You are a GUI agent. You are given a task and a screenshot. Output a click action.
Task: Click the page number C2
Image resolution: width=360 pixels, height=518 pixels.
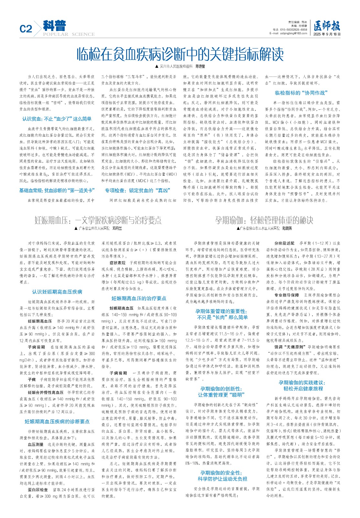26,29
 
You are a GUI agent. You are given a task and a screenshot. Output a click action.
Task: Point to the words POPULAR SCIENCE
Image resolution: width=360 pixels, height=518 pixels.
69,34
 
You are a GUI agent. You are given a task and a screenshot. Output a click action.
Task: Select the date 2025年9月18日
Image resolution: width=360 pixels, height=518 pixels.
327,34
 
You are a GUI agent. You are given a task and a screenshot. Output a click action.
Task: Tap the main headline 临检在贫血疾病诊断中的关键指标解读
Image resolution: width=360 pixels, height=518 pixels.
180,54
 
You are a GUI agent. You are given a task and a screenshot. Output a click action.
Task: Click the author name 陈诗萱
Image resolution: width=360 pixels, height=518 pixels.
200,66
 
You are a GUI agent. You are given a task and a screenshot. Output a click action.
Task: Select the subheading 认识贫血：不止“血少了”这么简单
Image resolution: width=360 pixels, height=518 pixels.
57,119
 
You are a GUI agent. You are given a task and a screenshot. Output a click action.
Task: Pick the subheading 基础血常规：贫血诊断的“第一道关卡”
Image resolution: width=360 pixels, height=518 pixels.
57,190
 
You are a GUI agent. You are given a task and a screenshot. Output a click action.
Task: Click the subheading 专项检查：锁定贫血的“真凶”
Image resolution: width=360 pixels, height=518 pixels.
137,190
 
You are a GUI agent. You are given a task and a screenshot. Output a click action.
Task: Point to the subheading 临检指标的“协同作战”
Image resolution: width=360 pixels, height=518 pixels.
301,93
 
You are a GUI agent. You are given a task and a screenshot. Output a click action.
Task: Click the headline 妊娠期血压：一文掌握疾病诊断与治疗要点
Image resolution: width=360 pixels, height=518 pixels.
98,220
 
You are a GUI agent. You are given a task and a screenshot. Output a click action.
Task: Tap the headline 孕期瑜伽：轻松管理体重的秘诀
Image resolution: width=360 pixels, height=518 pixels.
264,220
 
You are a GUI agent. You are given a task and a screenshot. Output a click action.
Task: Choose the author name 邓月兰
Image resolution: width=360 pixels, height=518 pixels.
117,228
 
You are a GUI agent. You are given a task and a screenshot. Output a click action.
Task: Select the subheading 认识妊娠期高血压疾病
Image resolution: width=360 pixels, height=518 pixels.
57,292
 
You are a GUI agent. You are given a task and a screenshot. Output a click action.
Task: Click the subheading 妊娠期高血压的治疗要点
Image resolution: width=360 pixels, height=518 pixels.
139,298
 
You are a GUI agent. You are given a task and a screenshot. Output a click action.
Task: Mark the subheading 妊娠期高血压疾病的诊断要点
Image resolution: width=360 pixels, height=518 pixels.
57,422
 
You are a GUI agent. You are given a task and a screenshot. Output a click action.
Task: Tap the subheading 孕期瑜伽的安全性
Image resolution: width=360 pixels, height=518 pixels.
221,473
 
